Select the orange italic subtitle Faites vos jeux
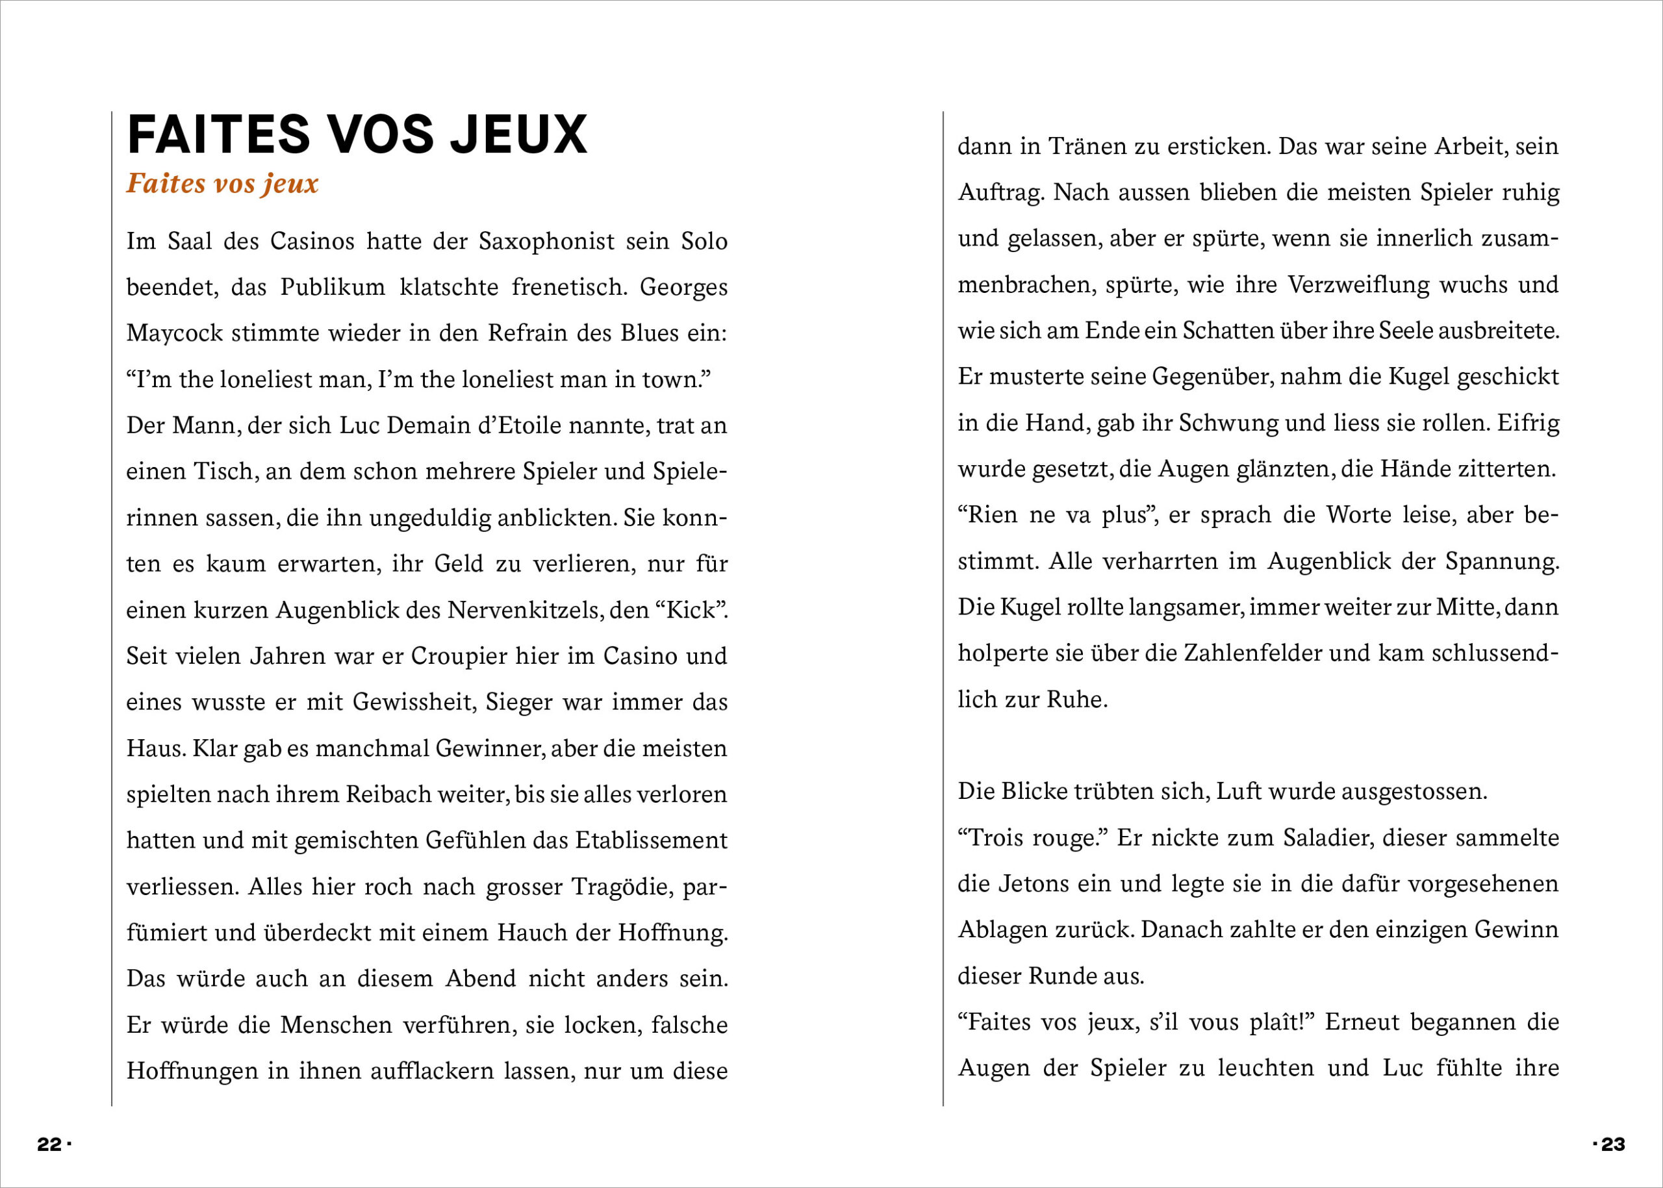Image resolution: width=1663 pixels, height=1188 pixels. (x=222, y=183)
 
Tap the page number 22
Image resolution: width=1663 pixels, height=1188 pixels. (x=50, y=1144)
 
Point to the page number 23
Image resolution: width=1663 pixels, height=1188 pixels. (x=1612, y=1144)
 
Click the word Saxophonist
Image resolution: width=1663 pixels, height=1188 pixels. (x=546, y=241)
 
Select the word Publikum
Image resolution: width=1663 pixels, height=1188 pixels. (x=333, y=286)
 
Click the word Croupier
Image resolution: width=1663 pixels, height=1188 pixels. (x=459, y=655)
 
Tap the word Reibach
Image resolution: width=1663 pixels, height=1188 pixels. (x=388, y=794)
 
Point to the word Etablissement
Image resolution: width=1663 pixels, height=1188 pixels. (x=651, y=840)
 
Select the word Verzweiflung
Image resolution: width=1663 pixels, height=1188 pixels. (x=1358, y=284)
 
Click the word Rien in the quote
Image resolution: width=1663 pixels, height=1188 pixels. (x=993, y=514)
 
